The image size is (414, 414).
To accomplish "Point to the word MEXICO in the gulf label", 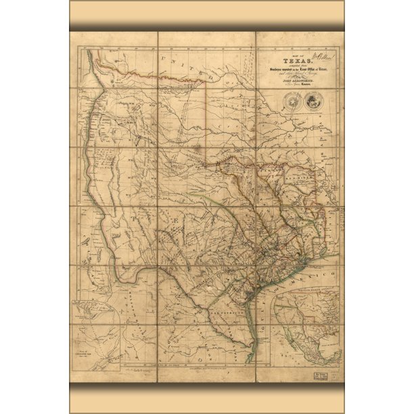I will click(x=318, y=279).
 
